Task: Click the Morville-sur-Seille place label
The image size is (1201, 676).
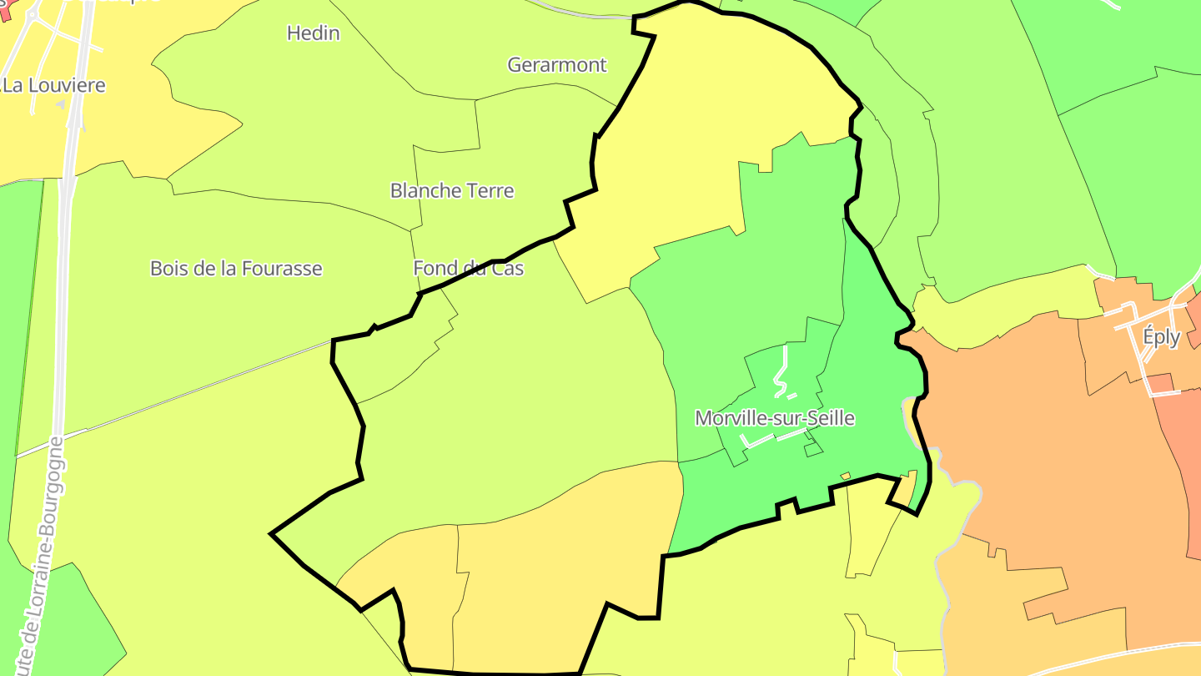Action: coord(775,418)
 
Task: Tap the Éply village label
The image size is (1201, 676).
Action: coord(1161,337)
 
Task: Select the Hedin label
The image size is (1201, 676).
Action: coord(313,33)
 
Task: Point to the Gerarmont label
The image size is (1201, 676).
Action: coord(557,65)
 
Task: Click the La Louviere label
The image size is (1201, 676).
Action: coord(55,85)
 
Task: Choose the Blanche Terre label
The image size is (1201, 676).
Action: coord(452,191)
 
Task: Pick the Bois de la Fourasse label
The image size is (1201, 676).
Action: coord(236,269)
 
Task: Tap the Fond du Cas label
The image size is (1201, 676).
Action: coord(469,269)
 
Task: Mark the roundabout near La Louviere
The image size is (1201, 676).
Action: coord(33,14)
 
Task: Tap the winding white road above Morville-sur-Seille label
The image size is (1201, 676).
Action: coord(781,373)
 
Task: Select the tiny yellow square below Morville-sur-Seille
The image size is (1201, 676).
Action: coord(845,477)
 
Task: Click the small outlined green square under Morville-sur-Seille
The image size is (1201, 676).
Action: coord(812,450)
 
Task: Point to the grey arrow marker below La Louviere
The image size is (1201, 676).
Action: coord(60,105)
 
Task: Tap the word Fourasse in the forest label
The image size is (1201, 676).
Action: coord(281,269)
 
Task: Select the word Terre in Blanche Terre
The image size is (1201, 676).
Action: coord(491,191)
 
